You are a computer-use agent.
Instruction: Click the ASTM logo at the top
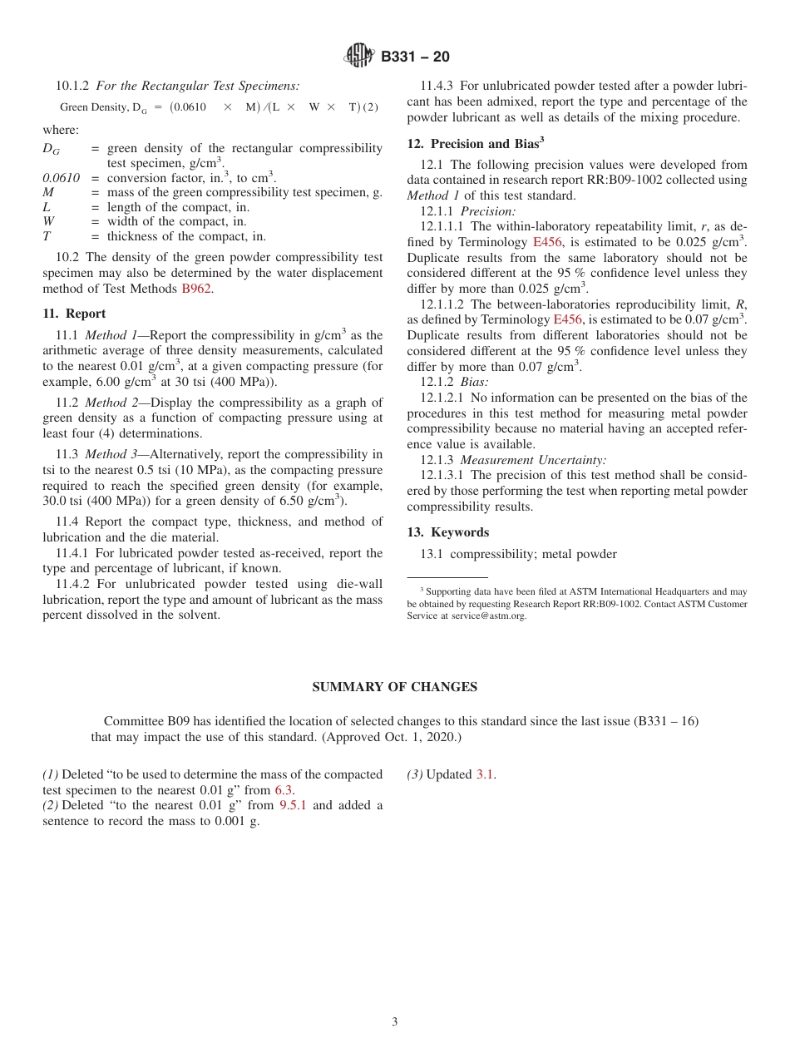(359, 57)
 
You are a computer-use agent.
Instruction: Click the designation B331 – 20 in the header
(415, 57)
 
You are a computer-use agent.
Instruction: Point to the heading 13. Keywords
(447, 532)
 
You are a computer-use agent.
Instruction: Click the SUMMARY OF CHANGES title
(394, 687)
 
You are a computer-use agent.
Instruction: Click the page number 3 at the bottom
(395, 1022)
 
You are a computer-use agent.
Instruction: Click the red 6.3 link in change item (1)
(284, 790)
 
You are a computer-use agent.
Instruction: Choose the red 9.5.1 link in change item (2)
(293, 805)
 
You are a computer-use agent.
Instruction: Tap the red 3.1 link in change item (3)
(485, 774)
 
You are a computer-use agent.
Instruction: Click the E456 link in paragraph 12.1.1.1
(546, 242)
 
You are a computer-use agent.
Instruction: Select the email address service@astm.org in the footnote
(489, 616)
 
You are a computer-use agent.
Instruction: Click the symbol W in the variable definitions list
(47, 222)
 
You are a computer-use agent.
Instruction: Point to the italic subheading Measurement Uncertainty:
(533, 460)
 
